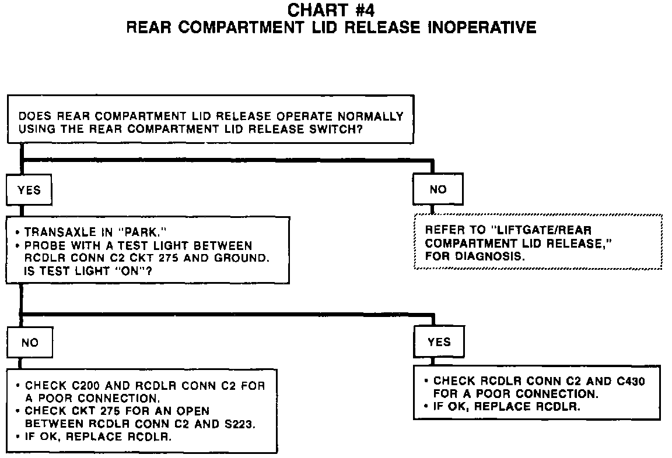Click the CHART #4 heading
(x=331, y=10)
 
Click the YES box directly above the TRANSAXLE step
(x=29, y=190)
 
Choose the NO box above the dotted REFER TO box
(x=437, y=189)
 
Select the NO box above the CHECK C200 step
(x=29, y=342)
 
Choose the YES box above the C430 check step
(x=439, y=341)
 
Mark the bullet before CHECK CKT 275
(x=19, y=411)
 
